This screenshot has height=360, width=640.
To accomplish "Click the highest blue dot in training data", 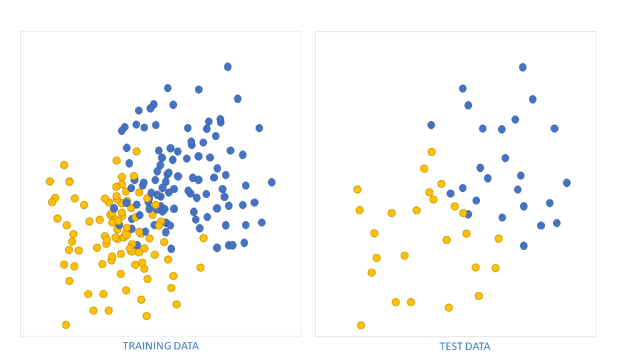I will tap(227, 67).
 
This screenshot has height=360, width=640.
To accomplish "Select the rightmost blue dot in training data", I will tap(272, 182).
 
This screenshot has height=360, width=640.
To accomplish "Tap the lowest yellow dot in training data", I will tap(66, 325).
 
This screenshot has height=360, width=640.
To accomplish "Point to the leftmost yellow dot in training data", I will tap(50, 182).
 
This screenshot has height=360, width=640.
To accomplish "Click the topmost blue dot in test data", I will tap(522, 67).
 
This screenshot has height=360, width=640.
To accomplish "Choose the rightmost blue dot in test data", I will tap(566, 183).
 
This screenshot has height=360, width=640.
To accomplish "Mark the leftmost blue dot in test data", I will tap(431, 125).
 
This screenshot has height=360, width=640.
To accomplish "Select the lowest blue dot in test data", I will tap(524, 246).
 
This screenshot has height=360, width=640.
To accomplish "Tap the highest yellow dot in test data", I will tap(431, 152).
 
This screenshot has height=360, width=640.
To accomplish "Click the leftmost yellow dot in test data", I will tap(357, 189).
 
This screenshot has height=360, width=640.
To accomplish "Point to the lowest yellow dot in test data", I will tap(361, 326).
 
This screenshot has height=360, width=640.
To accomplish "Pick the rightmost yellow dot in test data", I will tap(498, 239).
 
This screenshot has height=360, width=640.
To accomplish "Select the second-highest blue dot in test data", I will tap(462, 89).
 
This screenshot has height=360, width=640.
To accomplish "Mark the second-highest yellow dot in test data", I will tap(424, 169).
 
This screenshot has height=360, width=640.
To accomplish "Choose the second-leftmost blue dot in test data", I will tap(451, 194).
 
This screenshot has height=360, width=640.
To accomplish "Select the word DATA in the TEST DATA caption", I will tap(478, 347).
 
